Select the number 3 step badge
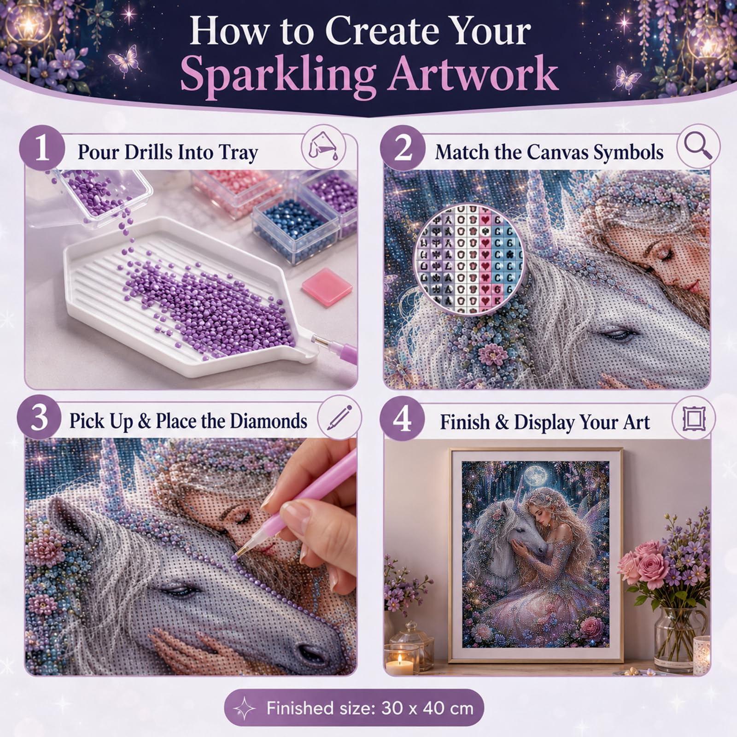point(40,419)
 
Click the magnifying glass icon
point(698,146)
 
